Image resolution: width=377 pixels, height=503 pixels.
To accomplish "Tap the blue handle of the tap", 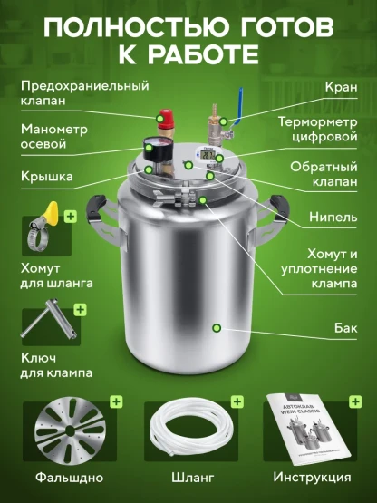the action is [x=238, y=107].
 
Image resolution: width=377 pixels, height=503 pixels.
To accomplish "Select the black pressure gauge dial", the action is [x=157, y=149].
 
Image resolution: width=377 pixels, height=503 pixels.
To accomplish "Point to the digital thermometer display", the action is [x=208, y=155].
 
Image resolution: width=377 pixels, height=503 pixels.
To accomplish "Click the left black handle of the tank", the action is [x=96, y=208].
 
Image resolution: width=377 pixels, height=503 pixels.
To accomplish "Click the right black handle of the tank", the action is [x=279, y=208].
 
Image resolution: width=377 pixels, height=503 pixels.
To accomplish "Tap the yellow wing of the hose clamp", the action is [x=52, y=211].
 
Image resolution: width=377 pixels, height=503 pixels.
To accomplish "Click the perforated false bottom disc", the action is [x=70, y=430].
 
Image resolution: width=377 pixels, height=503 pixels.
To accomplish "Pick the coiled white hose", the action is [x=190, y=427].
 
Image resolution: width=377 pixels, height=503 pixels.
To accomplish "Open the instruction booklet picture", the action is [x=308, y=428].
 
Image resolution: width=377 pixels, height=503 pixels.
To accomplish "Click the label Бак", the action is [x=345, y=328].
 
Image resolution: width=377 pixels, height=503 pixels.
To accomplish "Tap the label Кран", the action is [x=341, y=87].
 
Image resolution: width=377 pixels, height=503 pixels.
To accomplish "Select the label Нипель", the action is [x=333, y=218].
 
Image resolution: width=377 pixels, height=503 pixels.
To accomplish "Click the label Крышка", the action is [x=47, y=176].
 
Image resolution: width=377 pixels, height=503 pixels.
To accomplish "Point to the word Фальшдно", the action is [x=69, y=478].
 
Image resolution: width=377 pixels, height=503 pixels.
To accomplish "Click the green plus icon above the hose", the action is [x=237, y=401].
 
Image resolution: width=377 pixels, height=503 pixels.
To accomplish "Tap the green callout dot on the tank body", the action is [x=217, y=328].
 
